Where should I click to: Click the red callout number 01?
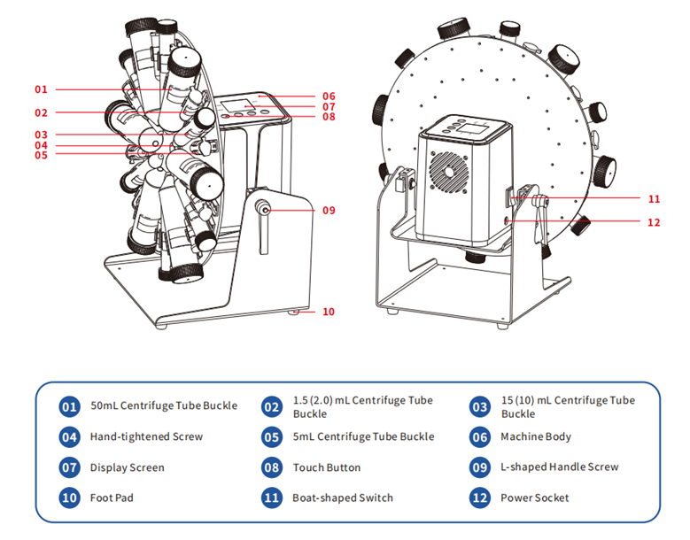point(41,89)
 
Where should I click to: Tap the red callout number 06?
point(329,96)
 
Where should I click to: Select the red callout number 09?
point(329,211)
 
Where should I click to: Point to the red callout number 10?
point(329,312)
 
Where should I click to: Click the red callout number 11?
point(654,198)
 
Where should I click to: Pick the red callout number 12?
point(654,222)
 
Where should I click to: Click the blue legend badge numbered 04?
point(70,436)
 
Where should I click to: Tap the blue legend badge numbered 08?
point(273,467)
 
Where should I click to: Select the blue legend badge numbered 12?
point(480,498)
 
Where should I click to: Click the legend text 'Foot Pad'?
point(112,498)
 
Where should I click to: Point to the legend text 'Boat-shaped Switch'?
point(342,498)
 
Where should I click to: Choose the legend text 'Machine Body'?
point(536,436)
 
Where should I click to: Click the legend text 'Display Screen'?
point(127,467)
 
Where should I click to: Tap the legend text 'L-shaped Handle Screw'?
point(559,467)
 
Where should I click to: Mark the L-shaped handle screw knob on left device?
point(264,209)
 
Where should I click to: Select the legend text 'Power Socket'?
point(534,498)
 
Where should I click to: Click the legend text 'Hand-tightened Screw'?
point(146,436)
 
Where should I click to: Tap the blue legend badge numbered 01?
point(70,406)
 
